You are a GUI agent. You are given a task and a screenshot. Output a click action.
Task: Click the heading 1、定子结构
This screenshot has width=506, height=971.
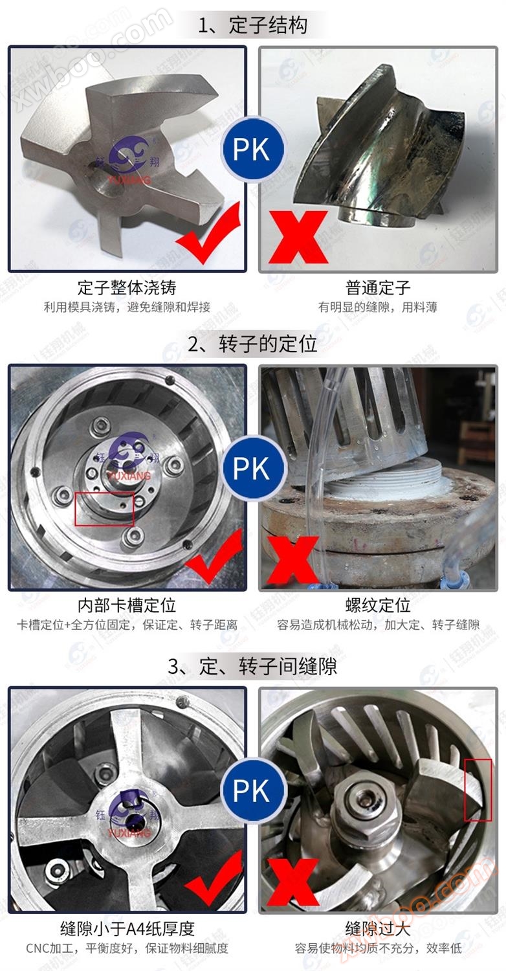coord(252,25)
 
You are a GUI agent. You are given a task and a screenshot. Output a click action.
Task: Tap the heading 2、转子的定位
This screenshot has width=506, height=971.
coord(252,344)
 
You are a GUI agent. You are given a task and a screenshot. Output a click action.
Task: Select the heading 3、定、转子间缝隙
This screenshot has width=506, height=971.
coord(252,666)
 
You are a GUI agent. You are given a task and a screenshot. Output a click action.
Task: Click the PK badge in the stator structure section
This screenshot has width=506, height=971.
coord(252,150)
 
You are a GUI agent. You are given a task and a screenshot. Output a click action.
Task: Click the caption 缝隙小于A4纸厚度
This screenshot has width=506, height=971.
coord(127,929)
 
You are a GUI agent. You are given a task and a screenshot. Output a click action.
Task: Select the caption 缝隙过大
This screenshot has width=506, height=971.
coord(378,929)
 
